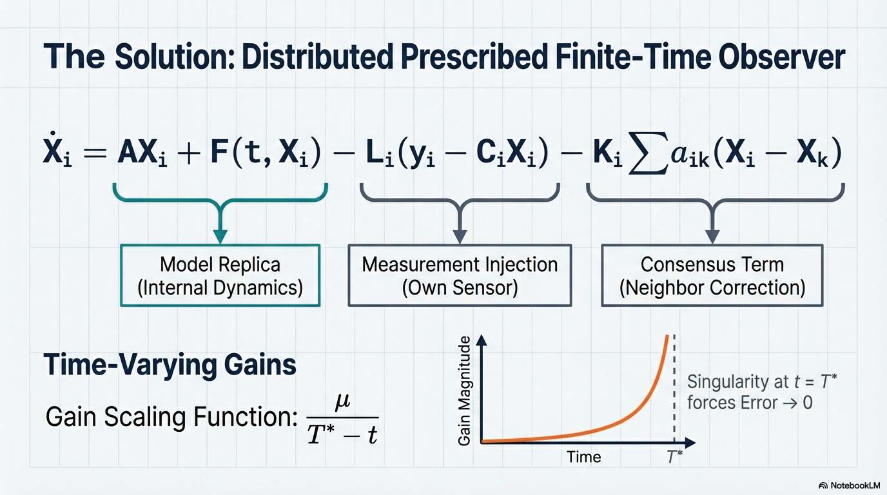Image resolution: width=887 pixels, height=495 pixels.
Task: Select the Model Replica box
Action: (220, 276)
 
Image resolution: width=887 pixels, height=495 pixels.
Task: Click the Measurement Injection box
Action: (460, 276)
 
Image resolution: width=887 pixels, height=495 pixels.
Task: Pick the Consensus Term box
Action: (712, 276)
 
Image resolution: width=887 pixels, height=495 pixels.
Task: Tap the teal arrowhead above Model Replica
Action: (220, 236)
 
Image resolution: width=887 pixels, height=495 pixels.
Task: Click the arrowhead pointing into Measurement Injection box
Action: (460, 236)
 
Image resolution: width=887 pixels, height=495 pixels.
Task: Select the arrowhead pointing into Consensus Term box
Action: (712, 236)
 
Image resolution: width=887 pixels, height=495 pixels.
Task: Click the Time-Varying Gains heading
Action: (170, 365)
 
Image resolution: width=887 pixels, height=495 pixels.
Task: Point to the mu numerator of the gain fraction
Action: (342, 402)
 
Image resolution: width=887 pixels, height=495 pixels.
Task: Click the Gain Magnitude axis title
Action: (464, 391)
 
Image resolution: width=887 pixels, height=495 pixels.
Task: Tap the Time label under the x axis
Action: (583, 457)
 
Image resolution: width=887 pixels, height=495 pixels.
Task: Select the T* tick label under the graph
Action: (674, 457)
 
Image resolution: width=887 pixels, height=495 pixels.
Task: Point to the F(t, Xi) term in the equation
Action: (266, 153)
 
